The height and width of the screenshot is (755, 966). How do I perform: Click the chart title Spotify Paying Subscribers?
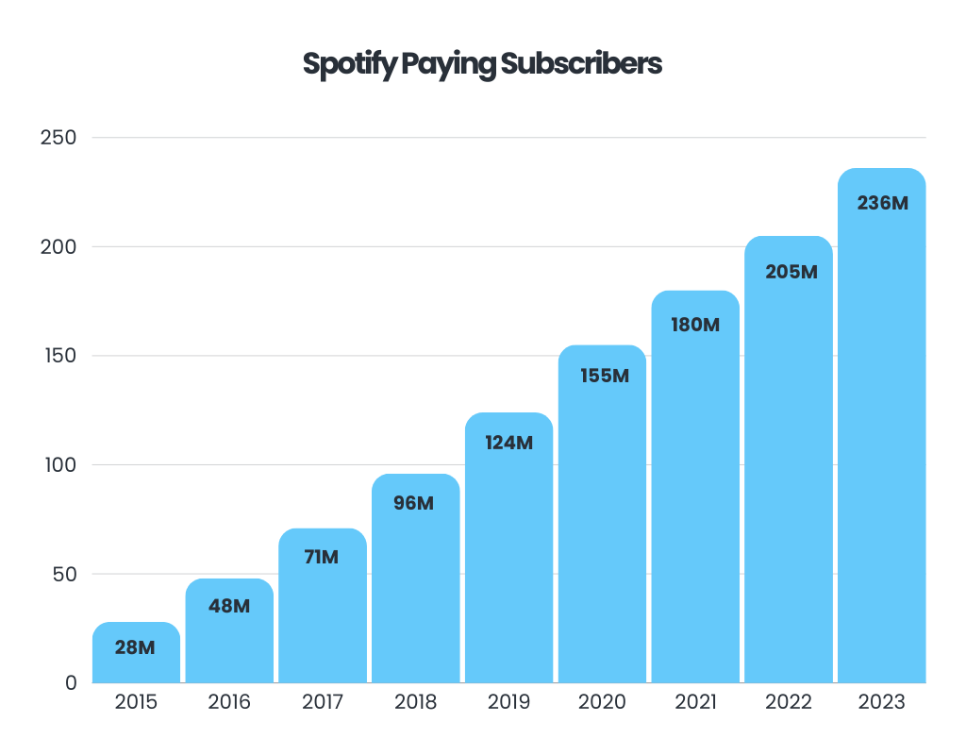pos(482,64)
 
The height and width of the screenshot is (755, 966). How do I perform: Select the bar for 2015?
pos(136,661)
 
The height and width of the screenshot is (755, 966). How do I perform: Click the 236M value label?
pos(882,202)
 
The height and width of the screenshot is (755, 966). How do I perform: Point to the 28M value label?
pos(135,647)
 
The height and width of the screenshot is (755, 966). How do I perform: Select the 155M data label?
pos(603,376)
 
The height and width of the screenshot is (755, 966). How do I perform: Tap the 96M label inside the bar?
pos(415,503)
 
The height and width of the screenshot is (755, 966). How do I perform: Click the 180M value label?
pos(695,325)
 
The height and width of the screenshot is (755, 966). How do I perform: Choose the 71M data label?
pos(322,557)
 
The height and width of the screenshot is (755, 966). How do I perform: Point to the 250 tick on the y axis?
pos(58,138)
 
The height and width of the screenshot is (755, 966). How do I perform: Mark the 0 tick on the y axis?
pos(71,682)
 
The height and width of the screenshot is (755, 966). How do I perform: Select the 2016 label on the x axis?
pos(229,703)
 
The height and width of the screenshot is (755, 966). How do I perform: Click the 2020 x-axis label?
pos(602,703)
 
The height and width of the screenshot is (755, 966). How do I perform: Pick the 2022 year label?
pos(789,703)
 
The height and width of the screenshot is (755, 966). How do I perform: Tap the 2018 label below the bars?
pos(415,703)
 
